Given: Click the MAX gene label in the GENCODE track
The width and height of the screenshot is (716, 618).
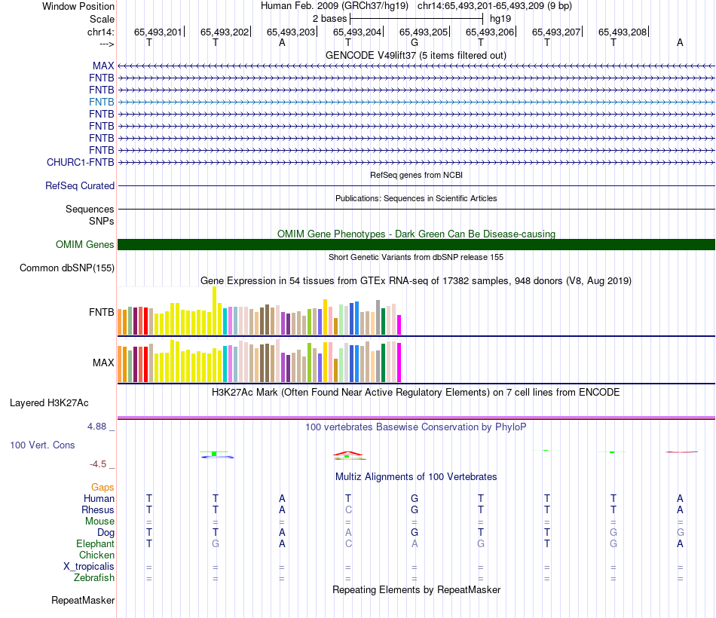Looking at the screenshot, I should click(x=103, y=66).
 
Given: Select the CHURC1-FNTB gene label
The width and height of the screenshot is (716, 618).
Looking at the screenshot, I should click(x=81, y=162).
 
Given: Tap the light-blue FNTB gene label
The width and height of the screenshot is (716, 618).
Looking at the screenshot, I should click(x=102, y=102).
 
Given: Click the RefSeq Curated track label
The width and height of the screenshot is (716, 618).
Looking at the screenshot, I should click(x=80, y=185).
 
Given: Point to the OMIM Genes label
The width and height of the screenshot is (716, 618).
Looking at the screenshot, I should click(x=85, y=244).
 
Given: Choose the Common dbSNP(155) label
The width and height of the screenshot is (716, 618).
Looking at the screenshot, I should click(x=67, y=268).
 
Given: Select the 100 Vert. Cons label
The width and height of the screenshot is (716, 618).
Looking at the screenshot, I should click(x=42, y=445).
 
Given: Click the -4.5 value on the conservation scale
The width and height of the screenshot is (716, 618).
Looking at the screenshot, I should click(x=102, y=464).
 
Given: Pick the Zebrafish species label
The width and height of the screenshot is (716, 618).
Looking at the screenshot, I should click(x=94, y=577).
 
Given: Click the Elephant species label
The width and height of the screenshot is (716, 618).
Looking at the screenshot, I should click(x=95, y=543).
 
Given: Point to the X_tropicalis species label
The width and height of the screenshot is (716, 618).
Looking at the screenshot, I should click(x=89, y=566).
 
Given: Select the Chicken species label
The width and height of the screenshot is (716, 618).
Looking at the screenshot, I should click(x=96, y=555).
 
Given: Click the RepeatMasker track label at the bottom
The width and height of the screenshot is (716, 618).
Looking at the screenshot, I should click(x=83, y=601).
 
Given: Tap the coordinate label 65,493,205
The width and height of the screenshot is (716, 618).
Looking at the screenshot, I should click(x=424, y=32).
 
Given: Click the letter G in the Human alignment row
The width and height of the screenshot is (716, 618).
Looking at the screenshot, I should click(x=415, y=498).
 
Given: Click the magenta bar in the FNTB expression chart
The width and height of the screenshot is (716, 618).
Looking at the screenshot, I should click(x=399, y=324).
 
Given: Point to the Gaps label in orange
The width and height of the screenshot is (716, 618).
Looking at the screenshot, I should click(x=103, y=487).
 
